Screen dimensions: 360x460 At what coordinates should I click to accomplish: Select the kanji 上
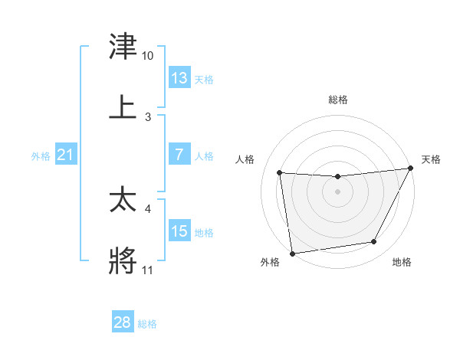point(123,106)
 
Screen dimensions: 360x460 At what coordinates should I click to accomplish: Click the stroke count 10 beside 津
point(148,56)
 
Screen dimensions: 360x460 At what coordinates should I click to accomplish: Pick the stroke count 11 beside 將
point(148,270)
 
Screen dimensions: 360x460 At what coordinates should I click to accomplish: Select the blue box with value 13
point(179,78)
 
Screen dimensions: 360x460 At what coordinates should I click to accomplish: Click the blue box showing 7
point(179,155)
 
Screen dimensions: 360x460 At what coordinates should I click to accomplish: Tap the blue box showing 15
point(179,231)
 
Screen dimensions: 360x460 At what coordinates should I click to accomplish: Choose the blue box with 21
point(66,155)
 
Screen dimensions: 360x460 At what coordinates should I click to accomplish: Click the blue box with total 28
point(123,322)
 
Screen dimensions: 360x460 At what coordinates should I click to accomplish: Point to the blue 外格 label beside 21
point(41,156)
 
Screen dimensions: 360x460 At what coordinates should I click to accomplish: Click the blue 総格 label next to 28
point(147,324)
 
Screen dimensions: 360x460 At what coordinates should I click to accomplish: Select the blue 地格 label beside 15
point(204,233)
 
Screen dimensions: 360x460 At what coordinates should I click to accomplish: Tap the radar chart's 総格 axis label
point(338,100)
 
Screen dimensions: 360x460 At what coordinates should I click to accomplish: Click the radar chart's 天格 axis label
point(431,159)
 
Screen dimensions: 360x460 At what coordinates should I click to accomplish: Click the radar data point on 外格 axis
point(292,253)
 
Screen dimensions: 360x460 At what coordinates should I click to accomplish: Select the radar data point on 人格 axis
point(280,173)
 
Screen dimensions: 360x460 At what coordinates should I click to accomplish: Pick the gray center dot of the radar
point(338,191)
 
